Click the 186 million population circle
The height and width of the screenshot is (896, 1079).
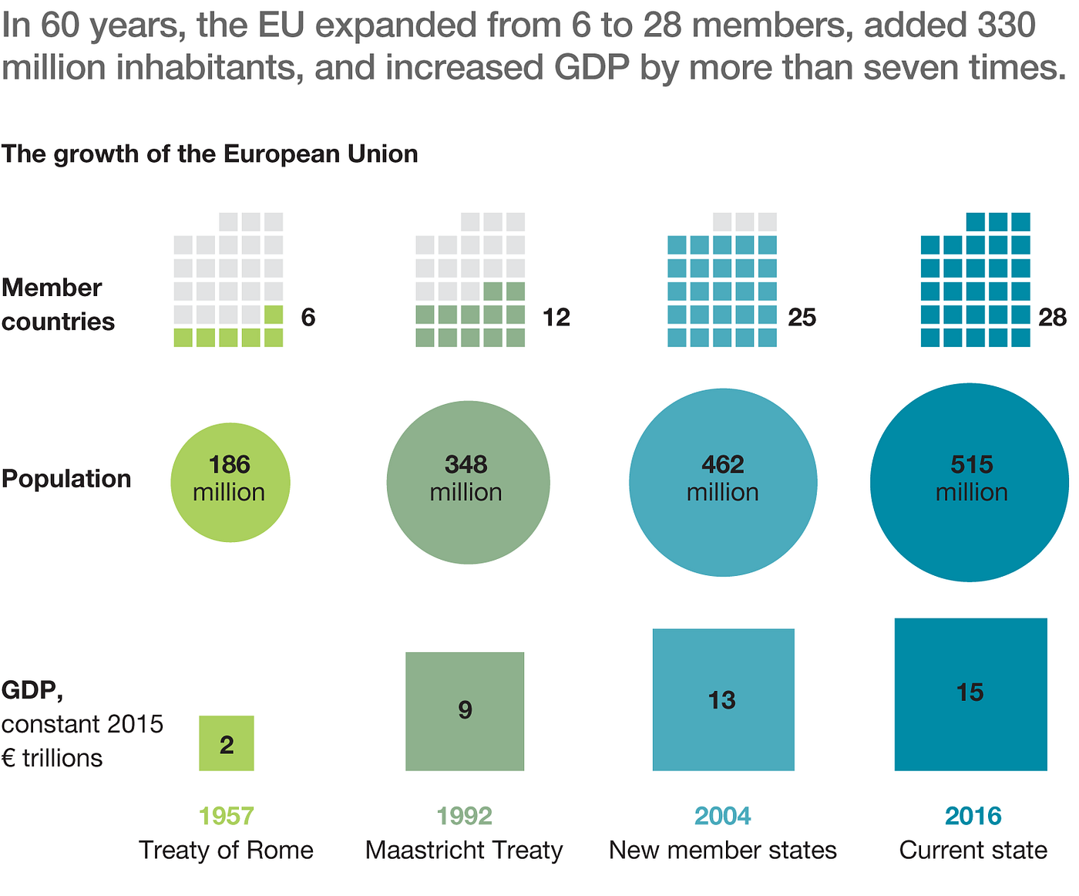pos(230,482)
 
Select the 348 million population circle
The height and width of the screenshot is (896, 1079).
pos(468,482)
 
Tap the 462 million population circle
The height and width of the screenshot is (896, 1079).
pos(723,482)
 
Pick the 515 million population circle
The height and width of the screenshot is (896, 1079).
pos(970,482)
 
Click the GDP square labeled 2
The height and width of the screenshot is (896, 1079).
pos(227,743)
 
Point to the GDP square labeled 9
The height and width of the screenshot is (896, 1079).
pos(465,711)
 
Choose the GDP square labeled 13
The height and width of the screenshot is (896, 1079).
pos(723,699)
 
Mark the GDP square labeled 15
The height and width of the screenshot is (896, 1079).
pos(970,694)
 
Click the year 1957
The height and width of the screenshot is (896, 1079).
pos(227,816)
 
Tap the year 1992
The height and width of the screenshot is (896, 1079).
pos(464,816)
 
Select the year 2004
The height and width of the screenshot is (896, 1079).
pos(723,816)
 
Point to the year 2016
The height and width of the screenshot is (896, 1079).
pos(973,816)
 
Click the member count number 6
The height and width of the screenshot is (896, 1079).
pos(308,318)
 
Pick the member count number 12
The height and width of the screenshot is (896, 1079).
pos(556,318)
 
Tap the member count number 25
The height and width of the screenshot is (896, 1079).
pos(802,318)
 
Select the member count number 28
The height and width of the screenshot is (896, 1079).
pos(1052,318)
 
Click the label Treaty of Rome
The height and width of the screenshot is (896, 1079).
pos(227,850)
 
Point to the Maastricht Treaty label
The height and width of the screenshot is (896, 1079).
pos(464,850)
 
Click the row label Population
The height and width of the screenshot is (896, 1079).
pos(66,479)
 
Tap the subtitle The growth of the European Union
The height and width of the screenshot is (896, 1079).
pos(210,154)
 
